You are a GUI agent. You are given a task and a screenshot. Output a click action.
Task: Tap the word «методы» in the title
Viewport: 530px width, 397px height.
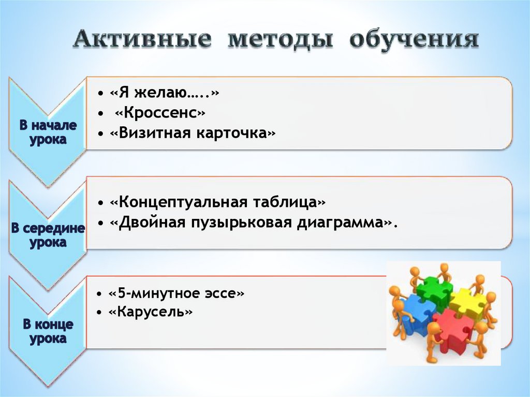[279, 40]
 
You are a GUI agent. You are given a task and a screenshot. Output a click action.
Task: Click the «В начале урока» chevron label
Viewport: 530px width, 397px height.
[48, 133]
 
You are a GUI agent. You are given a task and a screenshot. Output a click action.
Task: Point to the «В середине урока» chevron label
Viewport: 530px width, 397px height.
[48, 236]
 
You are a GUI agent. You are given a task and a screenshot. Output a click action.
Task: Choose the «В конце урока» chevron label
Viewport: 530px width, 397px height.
[48, 332]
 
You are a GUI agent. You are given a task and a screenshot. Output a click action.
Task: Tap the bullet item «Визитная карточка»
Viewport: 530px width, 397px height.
[192, 133]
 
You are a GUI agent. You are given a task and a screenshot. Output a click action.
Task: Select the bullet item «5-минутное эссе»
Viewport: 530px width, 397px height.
[176, 293]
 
